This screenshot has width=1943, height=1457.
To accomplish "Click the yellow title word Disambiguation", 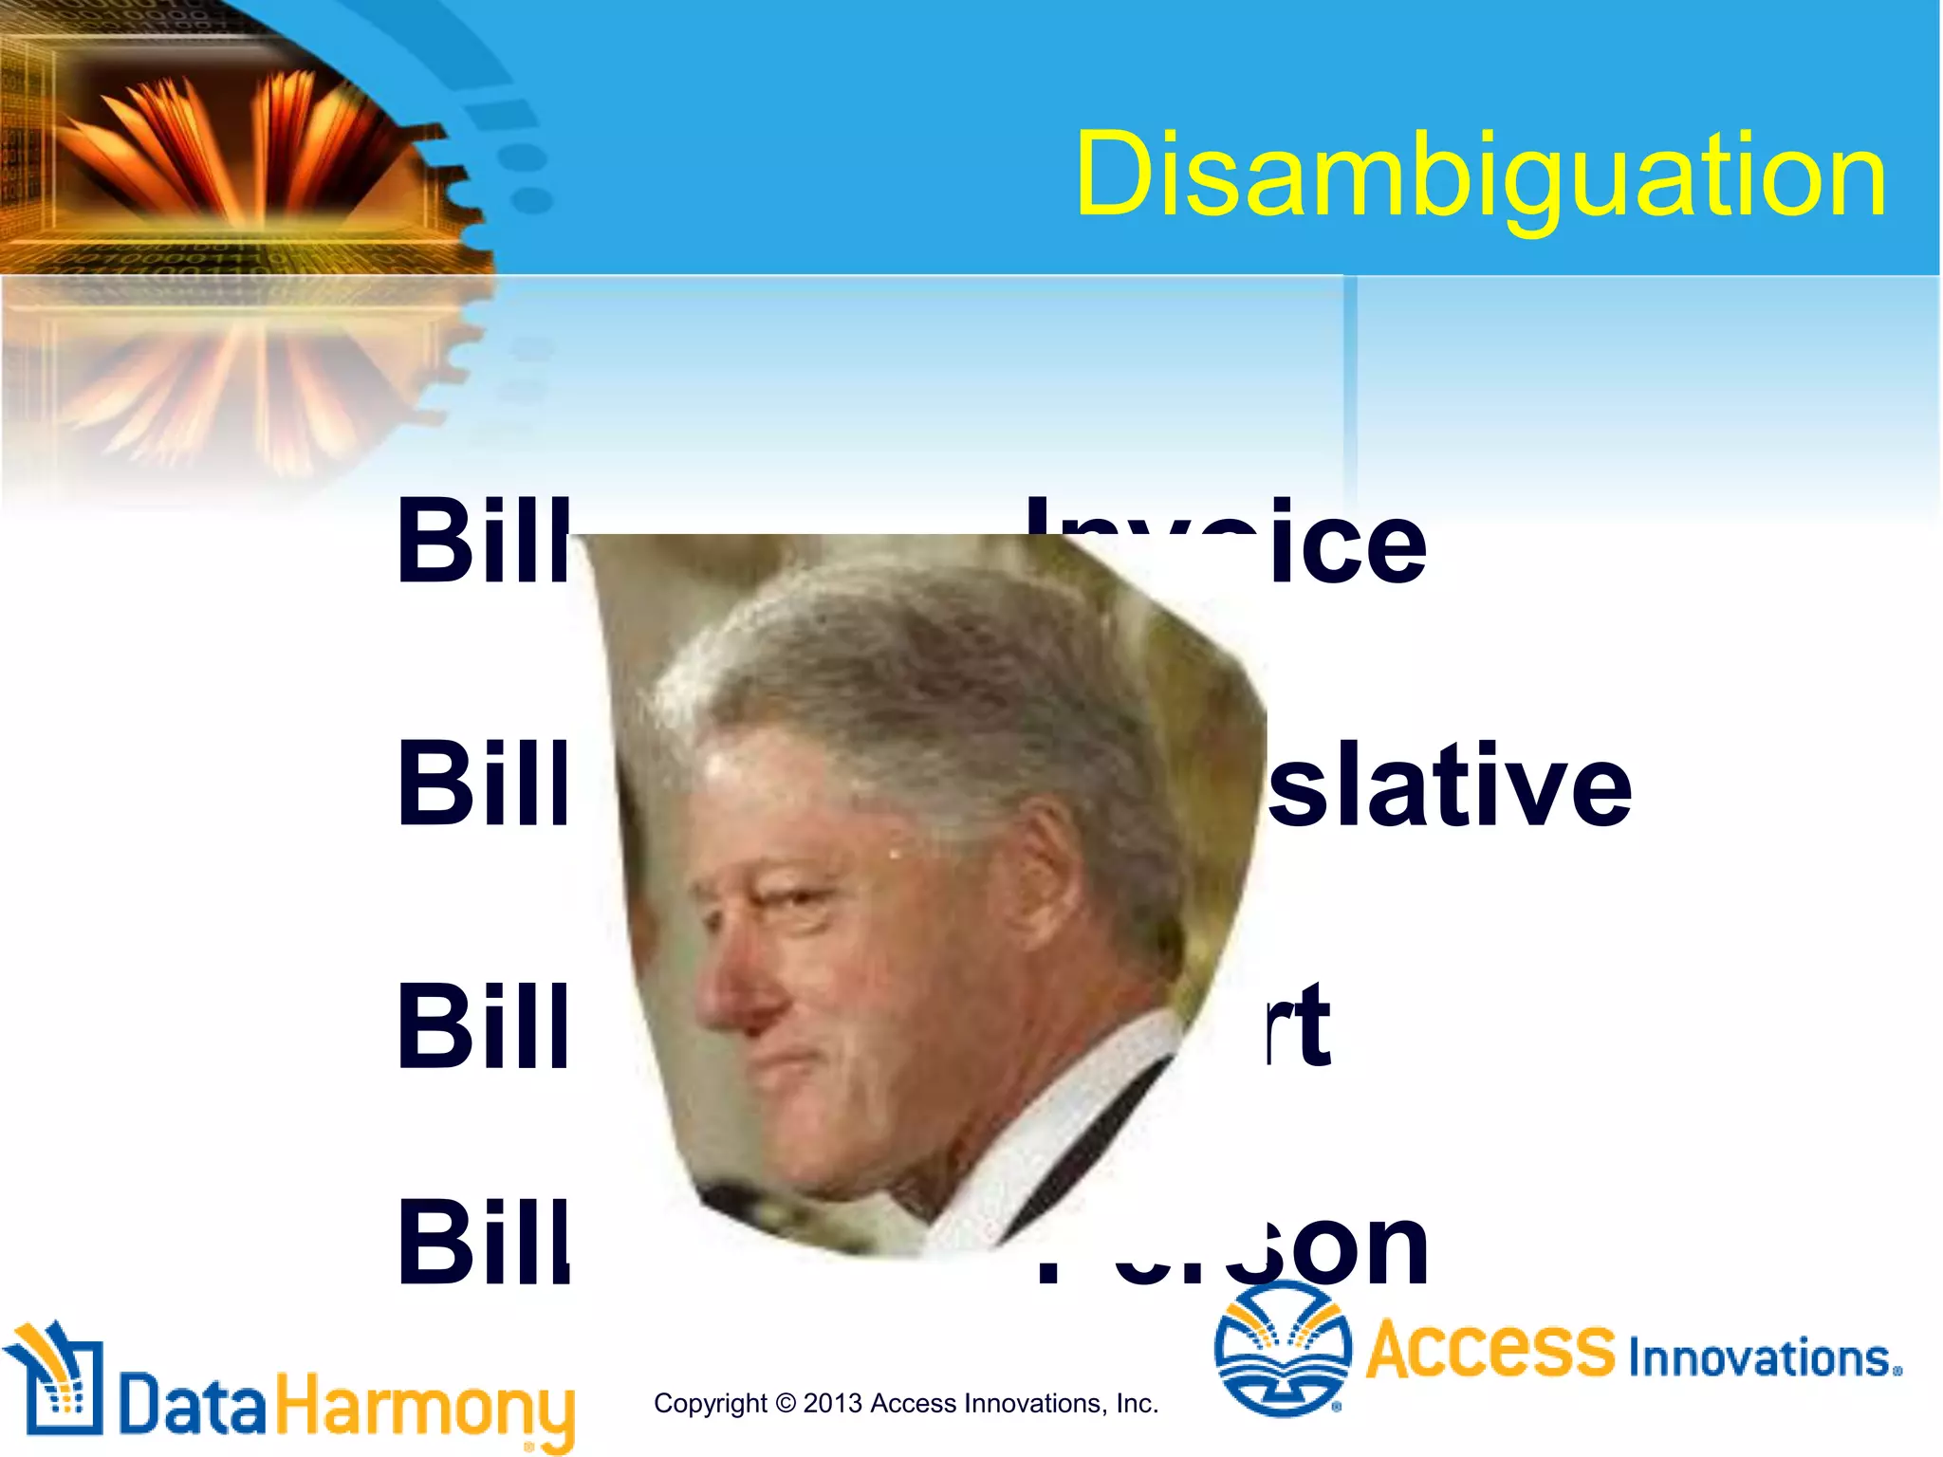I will (1480, 175).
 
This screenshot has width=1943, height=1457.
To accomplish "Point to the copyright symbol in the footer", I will (785, 1403).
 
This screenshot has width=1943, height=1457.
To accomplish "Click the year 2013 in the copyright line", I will (832, 1403).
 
